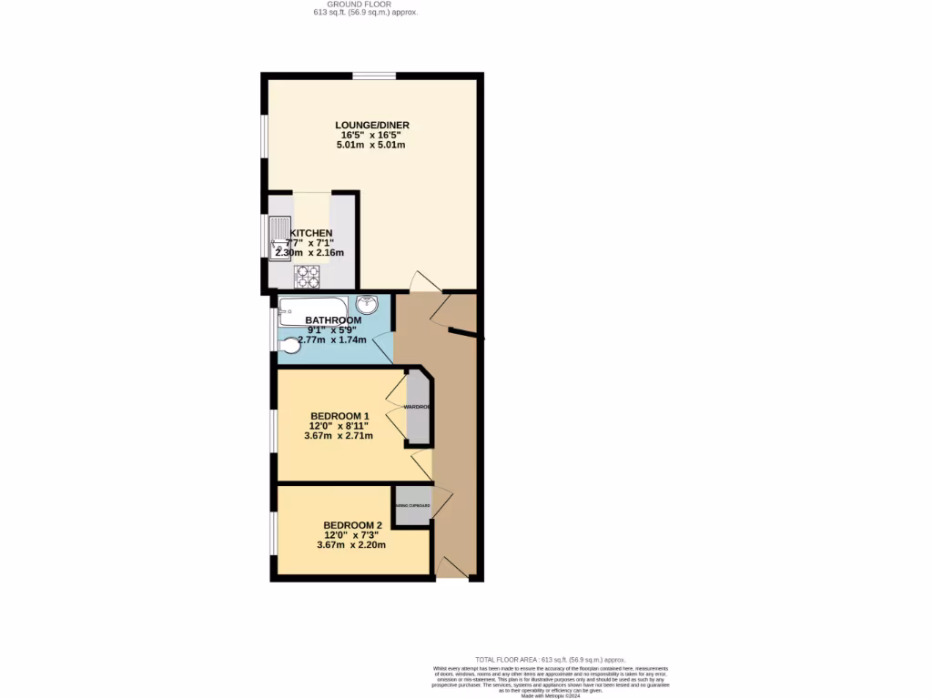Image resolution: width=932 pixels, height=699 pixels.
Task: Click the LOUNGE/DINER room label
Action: (370, 125)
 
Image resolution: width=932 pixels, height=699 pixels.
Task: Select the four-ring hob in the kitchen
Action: (307, 276)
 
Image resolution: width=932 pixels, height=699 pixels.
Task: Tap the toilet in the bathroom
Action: (289, 346)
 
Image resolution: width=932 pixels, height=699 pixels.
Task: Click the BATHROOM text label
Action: (333, 320)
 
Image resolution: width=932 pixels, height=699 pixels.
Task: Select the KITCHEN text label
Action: (310, 233)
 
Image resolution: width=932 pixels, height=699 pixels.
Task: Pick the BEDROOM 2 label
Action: (352, 525)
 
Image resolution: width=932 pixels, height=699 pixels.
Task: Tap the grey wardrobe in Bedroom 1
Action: (418, 407)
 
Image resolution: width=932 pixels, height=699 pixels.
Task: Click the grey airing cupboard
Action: (411, 506)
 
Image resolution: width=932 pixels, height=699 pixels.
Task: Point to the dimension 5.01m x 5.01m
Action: (370, 145)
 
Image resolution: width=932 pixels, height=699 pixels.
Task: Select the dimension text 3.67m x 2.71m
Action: (339, 436)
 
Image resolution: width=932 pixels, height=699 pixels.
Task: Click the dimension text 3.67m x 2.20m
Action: (351, 545)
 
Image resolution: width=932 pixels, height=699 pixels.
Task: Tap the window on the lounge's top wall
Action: (374, 76)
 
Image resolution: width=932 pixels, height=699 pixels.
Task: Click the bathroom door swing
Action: (383, 347)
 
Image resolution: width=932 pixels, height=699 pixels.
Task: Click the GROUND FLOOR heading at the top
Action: (360, 5)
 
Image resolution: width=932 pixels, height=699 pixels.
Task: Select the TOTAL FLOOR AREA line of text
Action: (551, 659)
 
